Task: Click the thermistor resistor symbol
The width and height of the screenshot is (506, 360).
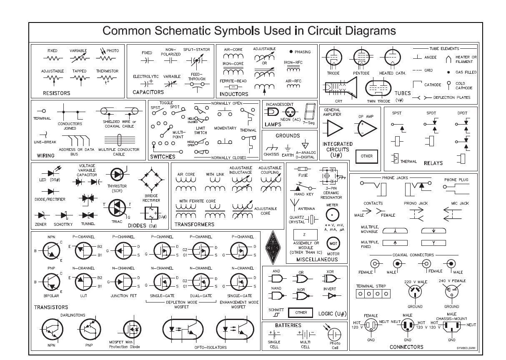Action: [x=107, y=78]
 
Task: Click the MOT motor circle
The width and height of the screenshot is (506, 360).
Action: [x=333, y=243]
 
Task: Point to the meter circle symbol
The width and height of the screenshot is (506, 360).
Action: [x=332, y=215]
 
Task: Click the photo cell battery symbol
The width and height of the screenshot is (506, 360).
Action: [x=334, y=334]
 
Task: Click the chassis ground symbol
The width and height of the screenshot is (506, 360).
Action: [x=271, y=147]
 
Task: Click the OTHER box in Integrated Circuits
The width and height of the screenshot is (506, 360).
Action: [x=367, y=156]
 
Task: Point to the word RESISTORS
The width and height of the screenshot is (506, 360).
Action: [x=57, y=93]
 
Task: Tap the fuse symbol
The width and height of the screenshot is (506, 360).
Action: [x=303, y=169]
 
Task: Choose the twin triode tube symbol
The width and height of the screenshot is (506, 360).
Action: [x=378, y=88]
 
